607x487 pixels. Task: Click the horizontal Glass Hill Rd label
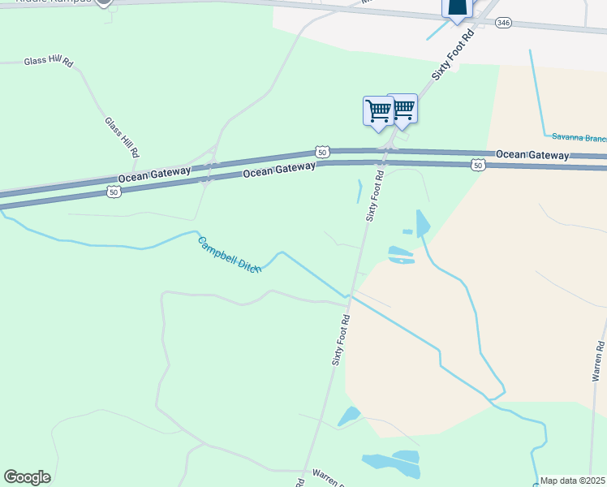(x=49, y=62)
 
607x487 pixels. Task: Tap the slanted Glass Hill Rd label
(x=123, y=136)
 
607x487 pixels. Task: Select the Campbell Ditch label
(x=228, y=254)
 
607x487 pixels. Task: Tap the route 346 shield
(x=504, y=23)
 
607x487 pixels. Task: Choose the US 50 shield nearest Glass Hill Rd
(x=114, y=192)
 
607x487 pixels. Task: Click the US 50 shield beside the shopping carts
(x=323, y=152)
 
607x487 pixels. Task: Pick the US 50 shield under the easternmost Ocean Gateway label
(x=479, y=165)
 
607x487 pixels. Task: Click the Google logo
(x=27, y=477)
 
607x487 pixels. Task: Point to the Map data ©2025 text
(x=571, y=481)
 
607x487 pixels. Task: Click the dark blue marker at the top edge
(x=457, y=7)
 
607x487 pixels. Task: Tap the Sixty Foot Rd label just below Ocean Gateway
(x=374, y=196)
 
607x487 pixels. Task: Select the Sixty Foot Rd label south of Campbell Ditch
(x=341, y=340)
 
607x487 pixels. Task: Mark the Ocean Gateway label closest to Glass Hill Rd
(x=154, y=174)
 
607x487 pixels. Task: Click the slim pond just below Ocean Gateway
(x=359, y=192)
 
